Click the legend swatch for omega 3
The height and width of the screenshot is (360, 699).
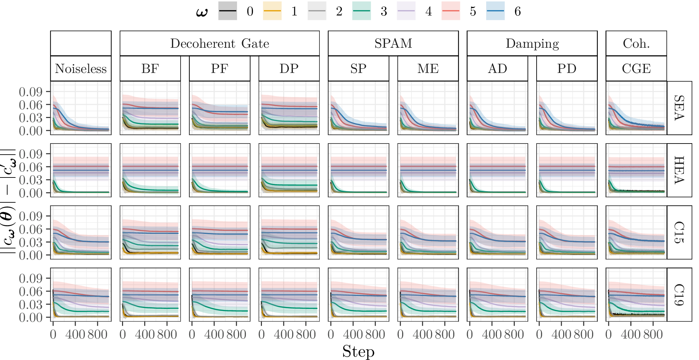(361, 11)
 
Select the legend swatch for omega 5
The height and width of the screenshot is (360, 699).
(451, 11)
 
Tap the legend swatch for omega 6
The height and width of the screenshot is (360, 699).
(495, 11)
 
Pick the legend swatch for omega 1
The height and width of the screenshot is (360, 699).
(272, 11)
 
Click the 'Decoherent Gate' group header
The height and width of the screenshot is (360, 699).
(220, 43)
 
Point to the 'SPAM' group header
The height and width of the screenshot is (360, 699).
(393, 43)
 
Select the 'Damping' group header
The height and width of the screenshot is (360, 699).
(532, 43)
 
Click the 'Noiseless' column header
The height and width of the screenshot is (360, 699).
(81, 69)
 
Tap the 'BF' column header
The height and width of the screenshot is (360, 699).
(150, 69)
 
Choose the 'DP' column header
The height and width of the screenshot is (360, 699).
(289, 69)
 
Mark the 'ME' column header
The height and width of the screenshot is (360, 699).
(428, 69)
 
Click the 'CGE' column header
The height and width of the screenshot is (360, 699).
(636, 69)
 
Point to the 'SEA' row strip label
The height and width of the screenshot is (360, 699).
(679, 108)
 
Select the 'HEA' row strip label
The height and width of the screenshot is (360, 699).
(679, 170)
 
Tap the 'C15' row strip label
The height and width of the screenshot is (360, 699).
(679, 232)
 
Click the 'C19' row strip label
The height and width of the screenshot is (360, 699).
(679, 294)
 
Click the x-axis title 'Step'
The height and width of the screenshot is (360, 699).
(358, 351)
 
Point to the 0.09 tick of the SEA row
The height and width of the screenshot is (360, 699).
(31, 92)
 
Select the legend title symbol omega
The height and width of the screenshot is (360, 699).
(202, 12)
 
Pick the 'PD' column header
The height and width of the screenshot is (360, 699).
(567, 69)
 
